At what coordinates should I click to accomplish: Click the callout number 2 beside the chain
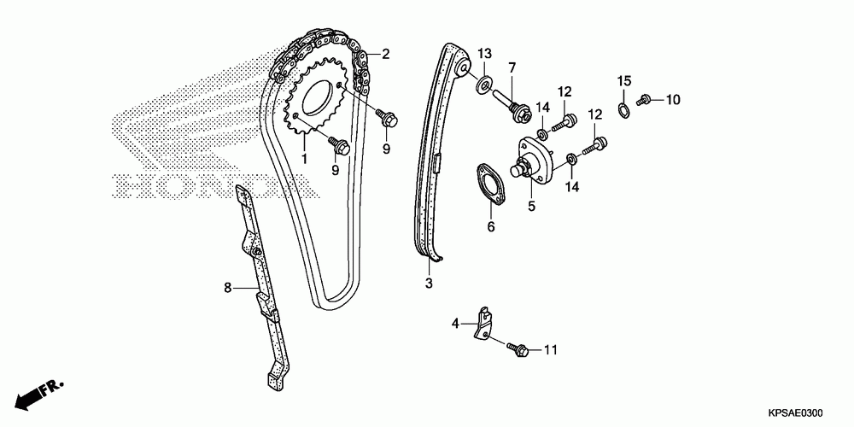click(x=386, y=54)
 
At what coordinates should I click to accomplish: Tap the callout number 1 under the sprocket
click(x=303, y=159)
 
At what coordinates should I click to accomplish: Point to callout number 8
click(x=228, y=288)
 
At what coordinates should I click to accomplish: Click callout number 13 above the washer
click(x=484, y=53)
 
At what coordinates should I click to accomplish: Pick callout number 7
click(x=512, y=67)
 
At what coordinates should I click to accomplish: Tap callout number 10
click(x=674, y=100)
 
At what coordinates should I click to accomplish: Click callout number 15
click(x=624, y=81)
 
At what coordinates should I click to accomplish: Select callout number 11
click(x=550, y=350)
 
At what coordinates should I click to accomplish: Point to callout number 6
click(x=491, y=227)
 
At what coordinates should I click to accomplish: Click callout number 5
click(x=531, y=206)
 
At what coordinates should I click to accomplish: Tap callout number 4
click(x=456, y=323)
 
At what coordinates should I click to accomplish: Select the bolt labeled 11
click(x=520, y=348)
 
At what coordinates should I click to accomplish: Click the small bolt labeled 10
click(x=646, y=100)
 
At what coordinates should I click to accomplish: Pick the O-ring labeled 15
click(x=624, y=108)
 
